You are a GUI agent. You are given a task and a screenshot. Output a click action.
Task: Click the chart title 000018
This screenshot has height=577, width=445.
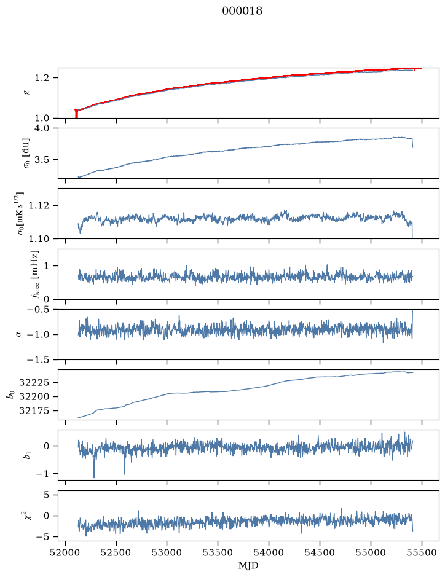[242, 11]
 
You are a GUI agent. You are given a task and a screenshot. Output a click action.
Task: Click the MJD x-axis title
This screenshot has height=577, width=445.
[248, 565]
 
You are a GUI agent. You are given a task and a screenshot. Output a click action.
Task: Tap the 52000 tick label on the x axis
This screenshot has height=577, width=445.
[66, 552]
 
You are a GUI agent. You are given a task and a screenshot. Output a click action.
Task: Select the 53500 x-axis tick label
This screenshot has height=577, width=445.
[218, 552]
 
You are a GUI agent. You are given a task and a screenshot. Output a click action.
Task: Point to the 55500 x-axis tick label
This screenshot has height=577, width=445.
[422, 552]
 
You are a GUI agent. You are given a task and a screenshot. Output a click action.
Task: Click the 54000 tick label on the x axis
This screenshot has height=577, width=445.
[269, 552]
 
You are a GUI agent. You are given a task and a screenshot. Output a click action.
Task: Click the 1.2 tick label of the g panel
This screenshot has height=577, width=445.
[41, 78]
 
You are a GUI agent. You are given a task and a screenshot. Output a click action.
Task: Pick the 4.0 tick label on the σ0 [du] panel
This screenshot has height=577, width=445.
[41, 128]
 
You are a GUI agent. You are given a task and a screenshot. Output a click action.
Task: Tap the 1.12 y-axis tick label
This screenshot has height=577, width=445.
[39, 205]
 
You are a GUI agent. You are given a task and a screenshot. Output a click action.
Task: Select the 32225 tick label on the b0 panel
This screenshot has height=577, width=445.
[34, 383]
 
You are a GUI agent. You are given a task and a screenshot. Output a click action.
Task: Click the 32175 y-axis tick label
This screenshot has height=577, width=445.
[34, 411]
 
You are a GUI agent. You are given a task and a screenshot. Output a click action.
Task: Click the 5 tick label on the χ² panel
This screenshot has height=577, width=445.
[46, 495]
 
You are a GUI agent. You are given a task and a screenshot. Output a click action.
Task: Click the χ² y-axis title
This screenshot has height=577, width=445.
[29, 516]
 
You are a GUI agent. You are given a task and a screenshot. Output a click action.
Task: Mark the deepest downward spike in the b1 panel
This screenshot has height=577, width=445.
[94, 477]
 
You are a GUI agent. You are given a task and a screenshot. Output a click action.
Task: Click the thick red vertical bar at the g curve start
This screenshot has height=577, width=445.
[76, 114]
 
